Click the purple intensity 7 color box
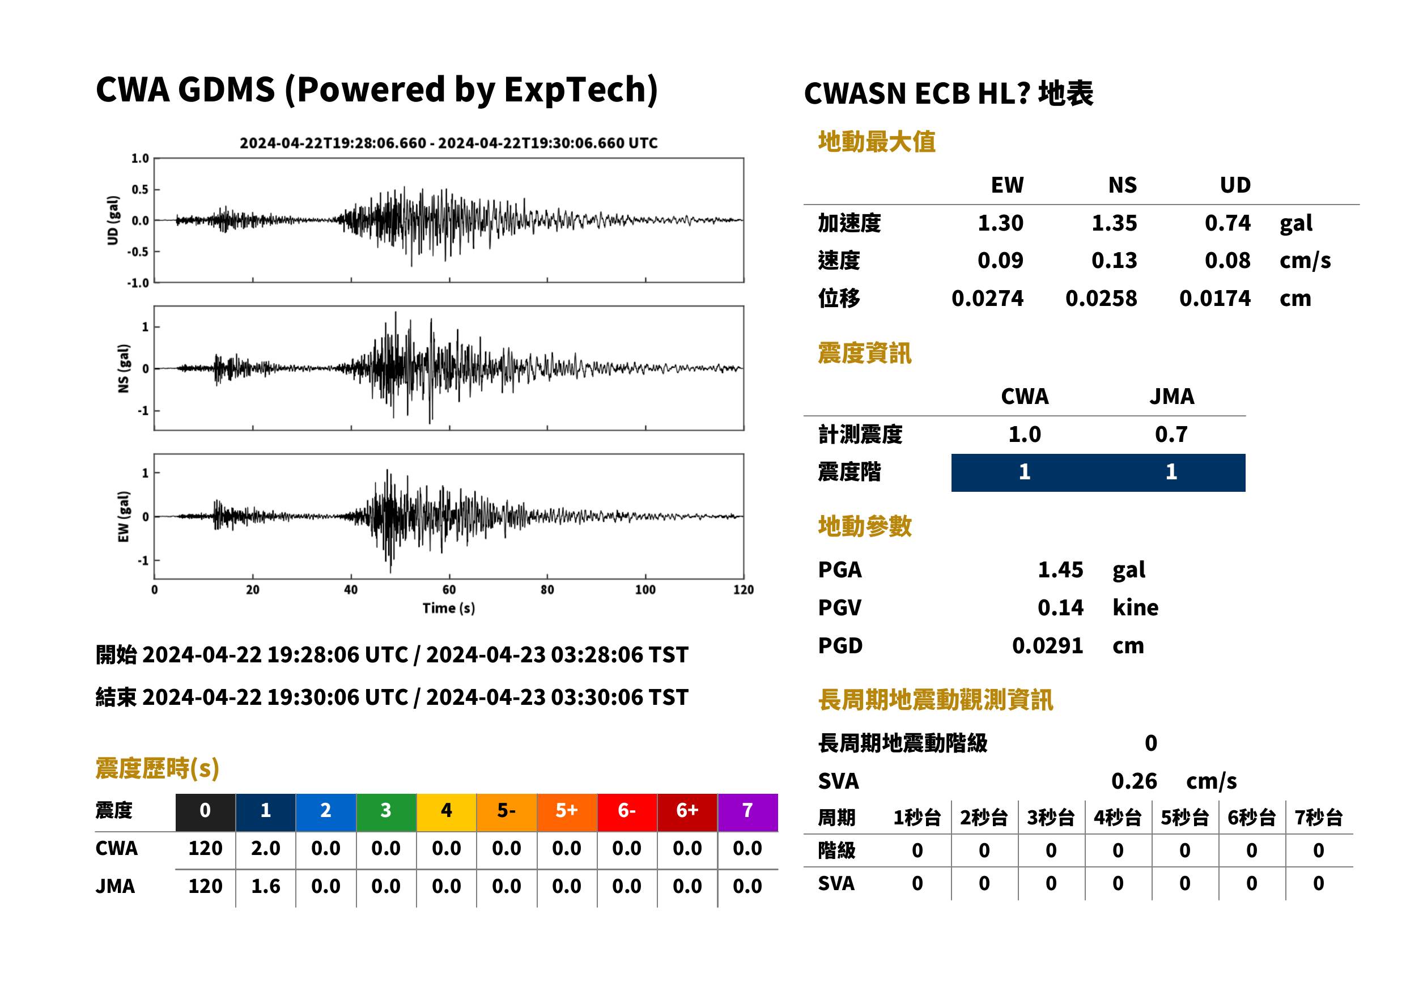tap(747, 812)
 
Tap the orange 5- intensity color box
tap(507, 812)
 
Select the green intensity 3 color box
tap(386, 812)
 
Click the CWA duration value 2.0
tap(266, 848)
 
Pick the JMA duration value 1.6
tap(266, 886)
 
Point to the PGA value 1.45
tap(1060, 569)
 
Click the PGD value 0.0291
tap(1047, 645)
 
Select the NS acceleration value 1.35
tap(1114, 223)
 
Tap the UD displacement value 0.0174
tap(1215, 298)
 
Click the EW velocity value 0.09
tap(1000, 260)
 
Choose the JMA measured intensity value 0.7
tap(1171, 434)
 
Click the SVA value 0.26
tap(1134, 781)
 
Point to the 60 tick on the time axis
tap(449, 590)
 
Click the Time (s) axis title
tap(449, 609)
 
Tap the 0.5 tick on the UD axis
tap(140, 189)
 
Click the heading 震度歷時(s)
tap(157, 768)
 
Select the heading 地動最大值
tap(876, 142)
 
